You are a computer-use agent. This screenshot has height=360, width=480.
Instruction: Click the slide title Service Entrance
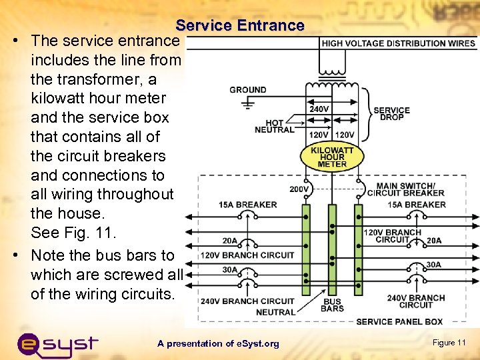[240, 26]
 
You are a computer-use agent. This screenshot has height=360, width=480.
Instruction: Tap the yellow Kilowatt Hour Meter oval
[332, 157]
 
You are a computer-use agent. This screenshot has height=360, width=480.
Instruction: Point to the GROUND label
[248, 89]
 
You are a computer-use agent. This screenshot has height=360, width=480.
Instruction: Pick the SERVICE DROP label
[391, 114]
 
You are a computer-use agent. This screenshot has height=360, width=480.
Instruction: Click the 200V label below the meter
[299, 189]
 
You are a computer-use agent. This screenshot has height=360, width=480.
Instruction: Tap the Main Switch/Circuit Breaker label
[405, 189]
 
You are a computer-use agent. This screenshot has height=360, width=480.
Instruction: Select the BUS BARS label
[332, 305]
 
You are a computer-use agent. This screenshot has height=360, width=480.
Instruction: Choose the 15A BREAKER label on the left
[247, 204]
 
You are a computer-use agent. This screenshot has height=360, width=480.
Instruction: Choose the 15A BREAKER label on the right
[417, 204]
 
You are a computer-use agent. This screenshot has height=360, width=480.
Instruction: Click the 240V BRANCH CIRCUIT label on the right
[416, 301]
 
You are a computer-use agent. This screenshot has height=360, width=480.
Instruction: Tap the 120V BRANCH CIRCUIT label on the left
[247, 255]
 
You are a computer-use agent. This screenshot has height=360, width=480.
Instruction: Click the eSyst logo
[57, 343]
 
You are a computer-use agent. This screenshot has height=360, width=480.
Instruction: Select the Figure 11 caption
[449, 343]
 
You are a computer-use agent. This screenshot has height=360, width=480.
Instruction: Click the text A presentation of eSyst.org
[218, 343]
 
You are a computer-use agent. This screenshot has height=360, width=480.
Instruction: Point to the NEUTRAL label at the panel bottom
[275, 312]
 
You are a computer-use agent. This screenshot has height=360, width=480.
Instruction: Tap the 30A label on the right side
[433, 265]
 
